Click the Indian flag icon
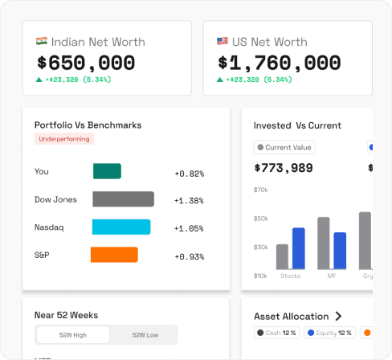[42, 42]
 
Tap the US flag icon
[223, 42]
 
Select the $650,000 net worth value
[86, 63]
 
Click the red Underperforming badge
[64, 139]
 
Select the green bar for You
[107, 171]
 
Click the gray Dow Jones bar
[123, 199]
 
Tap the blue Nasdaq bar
[121, 227]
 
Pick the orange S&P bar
[114, 256]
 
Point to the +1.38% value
[189, 200]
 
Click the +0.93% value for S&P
[189, 256]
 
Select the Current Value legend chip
[284, 147]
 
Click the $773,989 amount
[284, 168]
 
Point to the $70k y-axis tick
[261, 190]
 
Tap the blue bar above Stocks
[298, 248]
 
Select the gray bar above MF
[324, 243]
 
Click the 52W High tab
[73, 335]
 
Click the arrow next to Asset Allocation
[338, 317]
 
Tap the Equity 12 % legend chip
[330, 333]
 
